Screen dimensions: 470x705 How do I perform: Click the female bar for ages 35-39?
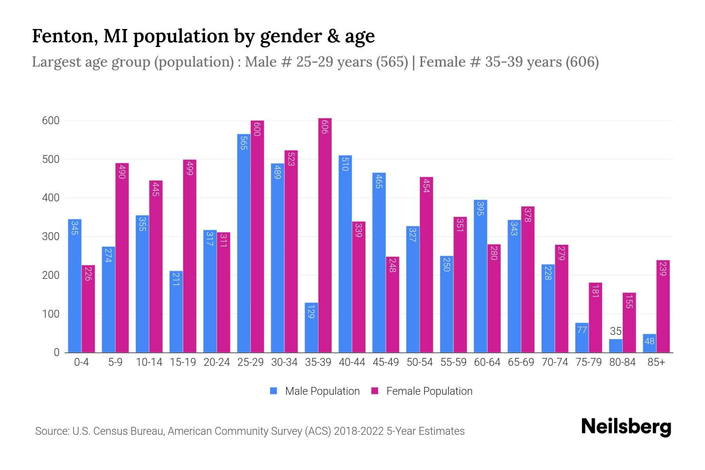(x=325, y=235)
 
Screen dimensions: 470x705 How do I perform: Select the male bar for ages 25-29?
(x=244, y=243)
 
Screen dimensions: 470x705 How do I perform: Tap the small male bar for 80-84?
(x=615, y=346)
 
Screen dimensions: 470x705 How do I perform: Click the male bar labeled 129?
(x=311, y=327)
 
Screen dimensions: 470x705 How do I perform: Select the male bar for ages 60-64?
(x=480, y=276)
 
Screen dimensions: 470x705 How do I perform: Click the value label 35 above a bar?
(x=616, y=331)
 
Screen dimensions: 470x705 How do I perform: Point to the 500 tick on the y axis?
(x=51, y=159)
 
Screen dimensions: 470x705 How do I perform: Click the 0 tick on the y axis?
(x=56, y=352)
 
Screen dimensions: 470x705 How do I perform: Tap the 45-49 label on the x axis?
(x=385, y=362)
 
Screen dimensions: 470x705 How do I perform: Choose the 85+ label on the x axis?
(x=656, y=362)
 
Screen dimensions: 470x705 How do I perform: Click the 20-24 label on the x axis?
(x=217, y=362)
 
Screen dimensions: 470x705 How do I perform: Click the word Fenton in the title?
(x=64, y=36)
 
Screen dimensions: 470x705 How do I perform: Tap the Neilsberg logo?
(x=626, y=427)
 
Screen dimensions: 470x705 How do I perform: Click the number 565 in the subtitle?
(x=392, y=62)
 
